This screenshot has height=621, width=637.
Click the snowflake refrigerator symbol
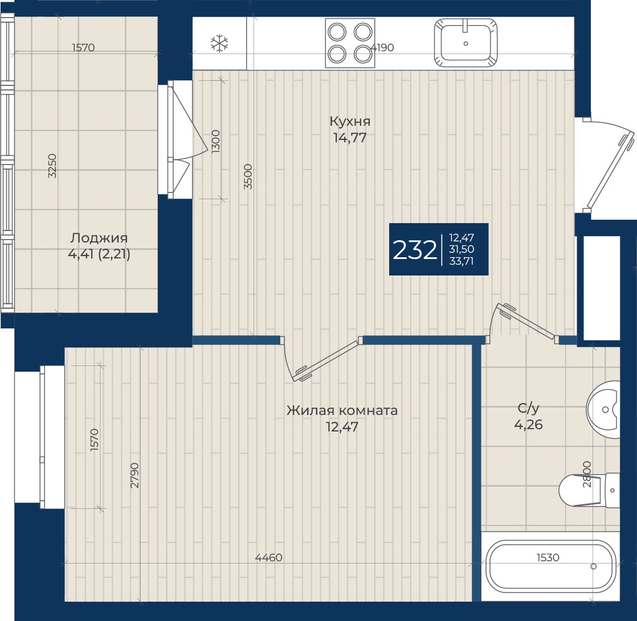coord(219,43)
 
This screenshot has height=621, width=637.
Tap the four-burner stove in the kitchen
coord(350,43)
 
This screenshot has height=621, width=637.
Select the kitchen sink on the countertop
coord(465,42)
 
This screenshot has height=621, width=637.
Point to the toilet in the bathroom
coord(590,490)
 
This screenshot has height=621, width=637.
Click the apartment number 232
coord(415,250)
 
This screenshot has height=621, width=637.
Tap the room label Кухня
coord(350,121)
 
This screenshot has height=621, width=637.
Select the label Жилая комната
coord(342,410)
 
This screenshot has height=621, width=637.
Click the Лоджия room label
coord(99,238)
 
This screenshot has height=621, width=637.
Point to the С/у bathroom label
coord(529,408)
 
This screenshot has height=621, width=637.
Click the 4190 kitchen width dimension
coord(382,47)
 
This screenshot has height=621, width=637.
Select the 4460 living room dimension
coord(268,558)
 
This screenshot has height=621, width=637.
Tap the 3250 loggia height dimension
coord(52,166)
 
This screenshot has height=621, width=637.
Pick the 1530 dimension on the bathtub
coord(548,558)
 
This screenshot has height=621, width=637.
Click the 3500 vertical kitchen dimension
coord(248,176)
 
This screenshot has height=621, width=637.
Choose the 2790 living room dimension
coord(134,475)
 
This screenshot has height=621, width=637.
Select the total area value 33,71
coord(462,261)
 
